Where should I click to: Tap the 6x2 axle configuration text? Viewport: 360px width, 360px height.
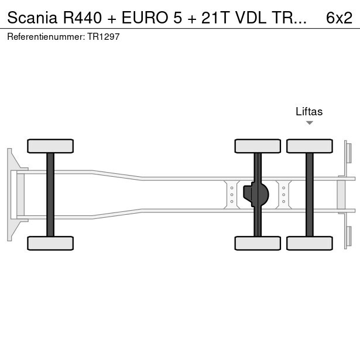pos(339,18)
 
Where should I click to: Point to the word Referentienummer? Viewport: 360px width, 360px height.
pos(46,36)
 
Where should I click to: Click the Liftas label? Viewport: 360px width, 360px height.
pos(309,112)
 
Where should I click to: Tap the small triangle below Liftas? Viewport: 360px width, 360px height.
pos(310,123)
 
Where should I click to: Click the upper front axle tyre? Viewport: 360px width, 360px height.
pos(50,146)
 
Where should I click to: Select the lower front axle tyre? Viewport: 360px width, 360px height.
pos(50,243)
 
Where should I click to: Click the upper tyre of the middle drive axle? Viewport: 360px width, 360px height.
pos(258,146)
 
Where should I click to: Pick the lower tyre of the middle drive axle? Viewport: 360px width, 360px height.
pos(258,243)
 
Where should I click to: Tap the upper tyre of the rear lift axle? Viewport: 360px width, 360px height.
pos(309,146)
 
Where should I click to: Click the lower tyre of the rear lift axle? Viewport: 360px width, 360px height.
pos(309,243)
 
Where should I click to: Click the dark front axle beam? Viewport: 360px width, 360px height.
pos(50,194)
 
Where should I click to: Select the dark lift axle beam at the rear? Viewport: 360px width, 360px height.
pos(309,194)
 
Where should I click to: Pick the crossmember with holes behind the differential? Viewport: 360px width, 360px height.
pos(284,194)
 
